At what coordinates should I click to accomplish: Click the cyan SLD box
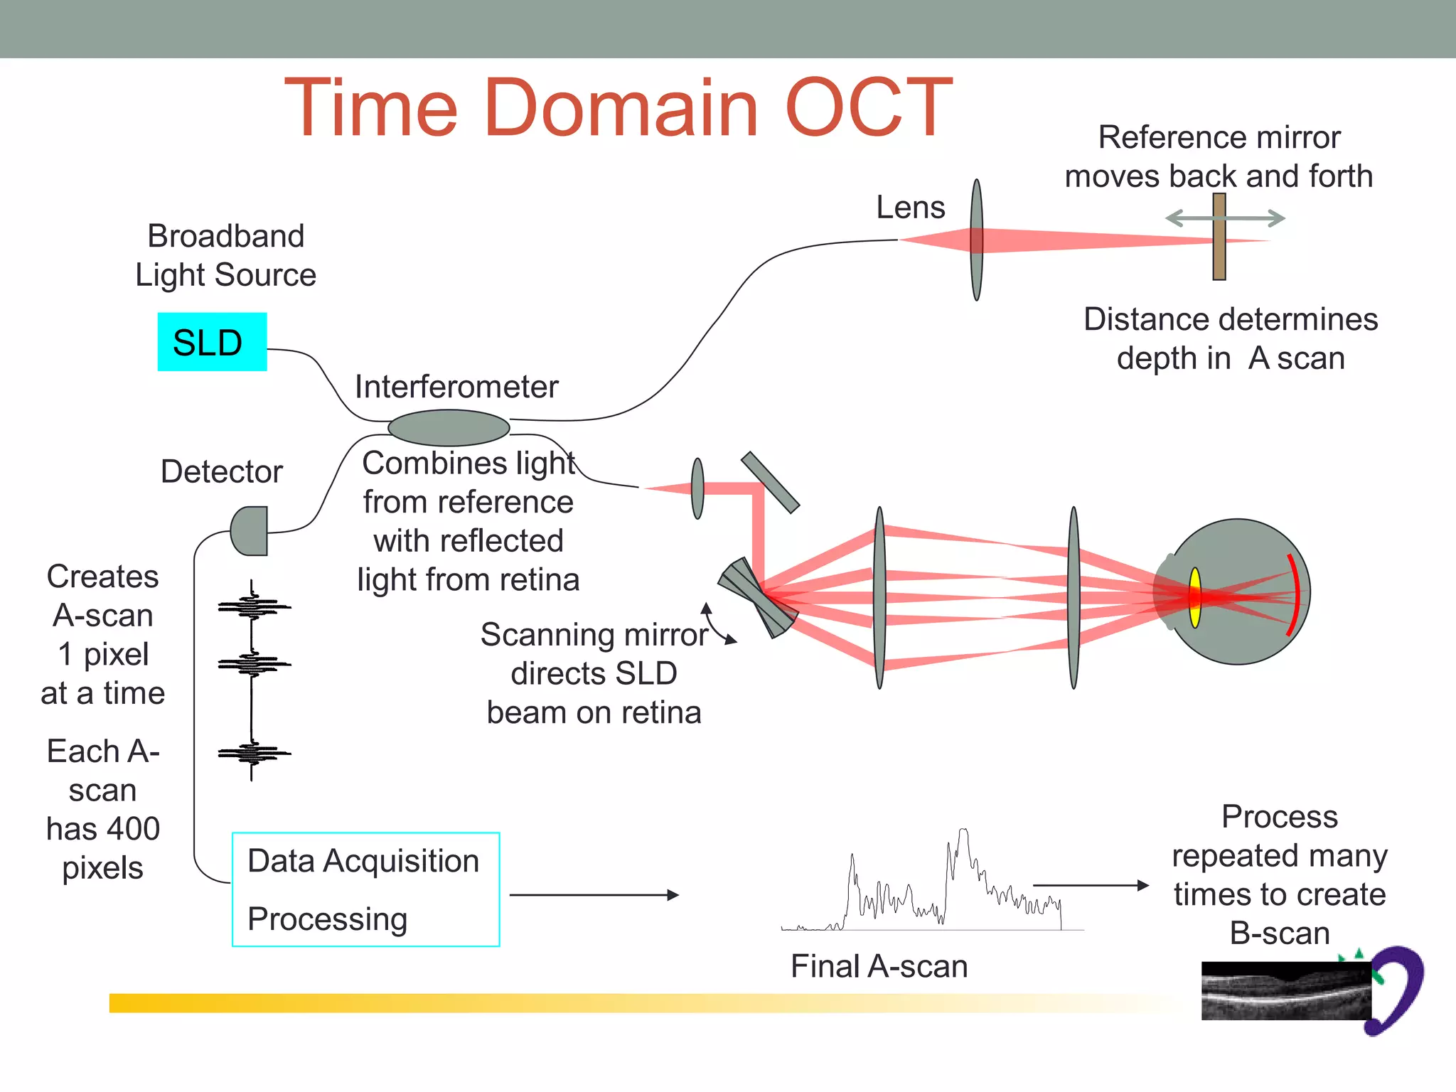pos(212,342)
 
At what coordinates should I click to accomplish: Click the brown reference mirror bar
pos(1219,237)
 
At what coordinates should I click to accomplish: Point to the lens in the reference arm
pos(977,240)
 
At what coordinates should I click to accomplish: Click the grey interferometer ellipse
pos(449,427)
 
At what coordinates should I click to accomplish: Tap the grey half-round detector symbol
pos(250,531)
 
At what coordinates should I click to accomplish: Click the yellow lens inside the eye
pos(1195,597)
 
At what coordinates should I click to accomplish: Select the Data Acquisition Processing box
pos(365,889)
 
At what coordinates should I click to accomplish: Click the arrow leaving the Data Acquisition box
pos(594,895)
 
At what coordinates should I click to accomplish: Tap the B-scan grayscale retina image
pos(1285,991)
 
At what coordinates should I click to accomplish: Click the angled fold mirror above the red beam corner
pos(770,482)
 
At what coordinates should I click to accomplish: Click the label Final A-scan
pos(879,966)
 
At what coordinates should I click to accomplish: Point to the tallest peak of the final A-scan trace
pos(963,832)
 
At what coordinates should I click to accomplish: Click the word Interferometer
pos(456,387)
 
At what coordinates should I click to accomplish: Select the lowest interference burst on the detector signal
pos(253,753)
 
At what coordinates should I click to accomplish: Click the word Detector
pos(221,471)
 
